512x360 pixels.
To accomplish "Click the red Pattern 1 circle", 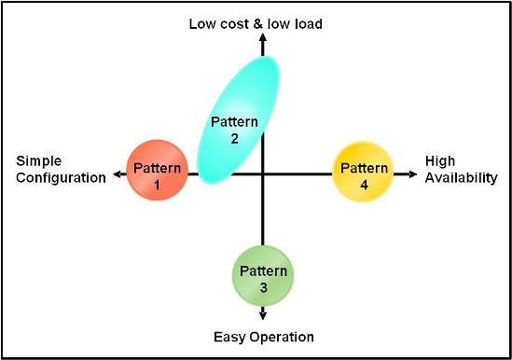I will click(x=157, y=173).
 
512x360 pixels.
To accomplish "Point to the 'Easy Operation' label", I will click(x=263, y=337).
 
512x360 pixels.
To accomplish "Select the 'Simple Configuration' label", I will click(x=62, y=170).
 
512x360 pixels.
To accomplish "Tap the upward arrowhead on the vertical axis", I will click(x=263, y=38).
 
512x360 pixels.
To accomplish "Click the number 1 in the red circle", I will click(x=157, y=185).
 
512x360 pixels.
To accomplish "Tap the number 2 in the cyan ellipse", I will click(x=235, y=138).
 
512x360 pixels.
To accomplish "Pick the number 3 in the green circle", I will click(x=264, y=288).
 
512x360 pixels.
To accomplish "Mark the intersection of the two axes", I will click(x=263, y=173).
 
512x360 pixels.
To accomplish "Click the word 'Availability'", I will click(x=462, y=178).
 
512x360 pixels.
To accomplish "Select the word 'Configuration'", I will click(x=62, y=178).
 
